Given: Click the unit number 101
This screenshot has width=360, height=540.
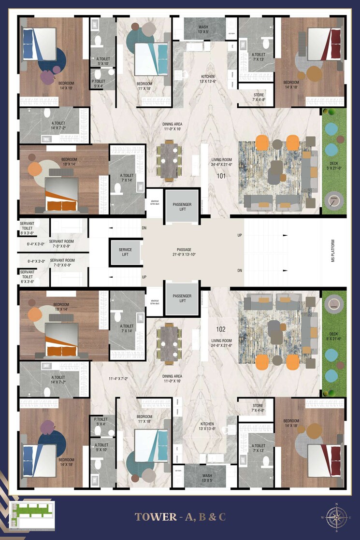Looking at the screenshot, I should pyautogui.click(x=221, y=176).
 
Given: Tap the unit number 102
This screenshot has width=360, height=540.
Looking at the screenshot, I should pyautogui.click(x=221, y=329).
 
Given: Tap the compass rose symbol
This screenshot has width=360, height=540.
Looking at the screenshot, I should pyautogui.click(x=335, y=517).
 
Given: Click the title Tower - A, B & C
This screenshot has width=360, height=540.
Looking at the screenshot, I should pyautogui.click(x=180, y=517).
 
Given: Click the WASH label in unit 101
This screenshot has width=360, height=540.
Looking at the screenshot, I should pyautogui.click(x=203, y=27).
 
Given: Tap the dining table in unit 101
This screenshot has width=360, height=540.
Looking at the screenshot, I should pyautogui.click(x=169, y=161).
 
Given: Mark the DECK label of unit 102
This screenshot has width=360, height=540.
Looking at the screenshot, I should pyautogui.click(x=334, y=334).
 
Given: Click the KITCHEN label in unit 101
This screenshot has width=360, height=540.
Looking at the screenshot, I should pyautogui.click(x=208, y=76).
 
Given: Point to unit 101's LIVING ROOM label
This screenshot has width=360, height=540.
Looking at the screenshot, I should pyautogui.click(x=222, y=159).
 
